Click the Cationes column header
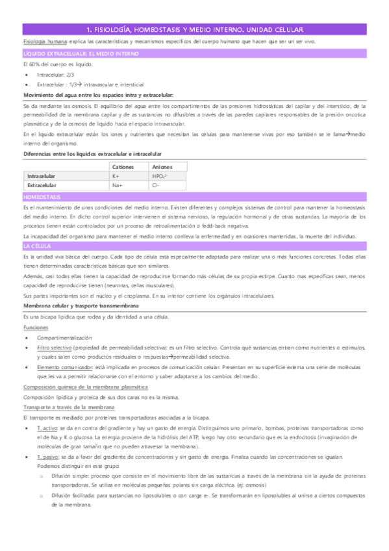pyautogui.click(x=123, y=167)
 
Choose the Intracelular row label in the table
pyautogui.click(x=41, y=176)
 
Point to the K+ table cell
pyautogui.click(x=116, y=176)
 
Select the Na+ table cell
pyautogui.click(x=118, y=185)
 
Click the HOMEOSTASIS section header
pyautogui.click(x=42, y=196)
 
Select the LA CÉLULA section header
pyautogui.click(x=37, y=247)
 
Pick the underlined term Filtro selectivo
pyautogui.click(x=54, y=348)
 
